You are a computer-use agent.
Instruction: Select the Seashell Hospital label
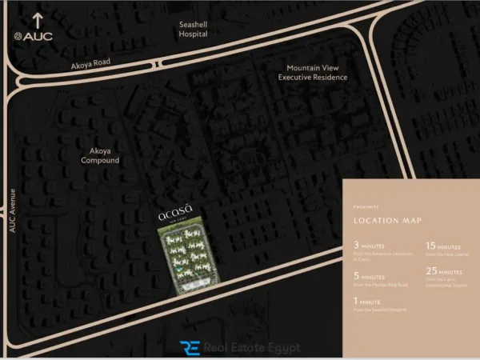193,30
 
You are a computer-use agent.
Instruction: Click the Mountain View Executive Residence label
313,73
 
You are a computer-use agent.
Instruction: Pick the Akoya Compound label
100,155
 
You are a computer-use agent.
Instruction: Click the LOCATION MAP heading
387,220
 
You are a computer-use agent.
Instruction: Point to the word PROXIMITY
367,206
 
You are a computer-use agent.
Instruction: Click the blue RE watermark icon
191,347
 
